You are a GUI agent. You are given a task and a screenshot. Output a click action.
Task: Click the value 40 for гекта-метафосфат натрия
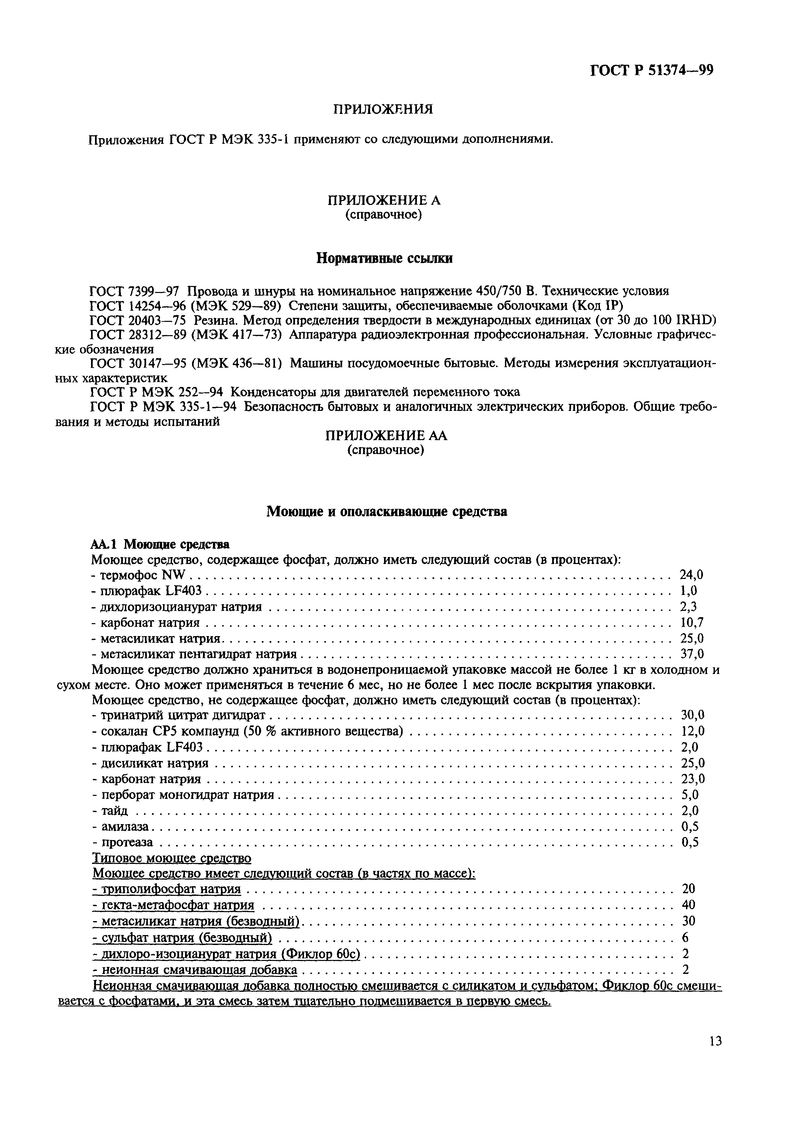(689, 904)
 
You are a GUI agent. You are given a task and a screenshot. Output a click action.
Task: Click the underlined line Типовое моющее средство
(172, 858)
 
